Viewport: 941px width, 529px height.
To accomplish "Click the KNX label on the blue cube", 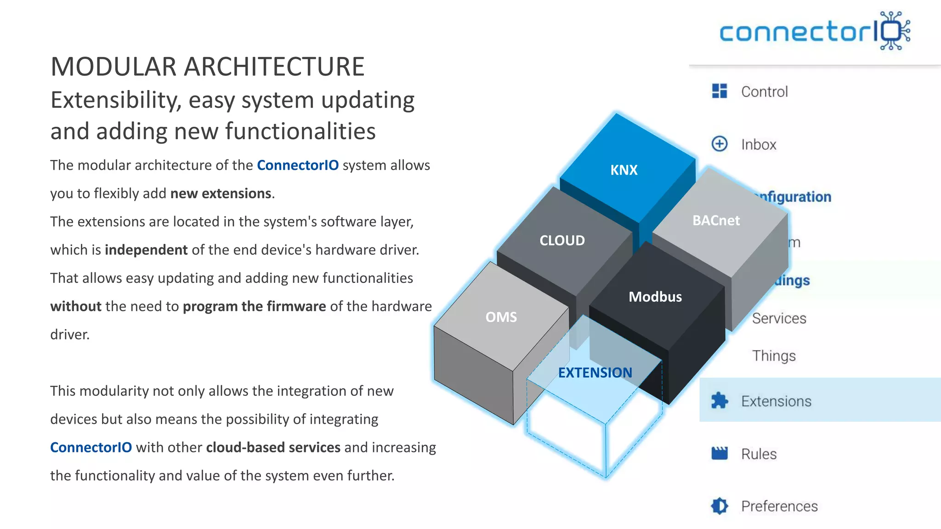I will pos(624,170).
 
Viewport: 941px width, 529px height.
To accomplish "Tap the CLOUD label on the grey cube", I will pos(562,240).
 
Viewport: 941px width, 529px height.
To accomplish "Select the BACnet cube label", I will pos(716,220).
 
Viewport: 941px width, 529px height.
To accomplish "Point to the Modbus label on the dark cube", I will pos(655,297).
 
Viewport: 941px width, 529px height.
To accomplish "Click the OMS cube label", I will pos(501,317).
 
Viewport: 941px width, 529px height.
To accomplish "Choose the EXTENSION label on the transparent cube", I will pos(595,372).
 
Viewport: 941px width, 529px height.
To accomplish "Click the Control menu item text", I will pos(764,92).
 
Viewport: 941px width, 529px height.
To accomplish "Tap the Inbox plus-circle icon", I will pos(720,144).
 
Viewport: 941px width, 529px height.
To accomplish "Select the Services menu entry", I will pos(779,318).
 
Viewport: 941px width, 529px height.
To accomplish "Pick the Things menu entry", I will pos(774,356).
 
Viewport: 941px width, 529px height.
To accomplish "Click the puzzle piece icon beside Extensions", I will pos(720,400).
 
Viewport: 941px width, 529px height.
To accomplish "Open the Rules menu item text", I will pos(759,454).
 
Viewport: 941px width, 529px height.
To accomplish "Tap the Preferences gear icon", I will pos(720,506).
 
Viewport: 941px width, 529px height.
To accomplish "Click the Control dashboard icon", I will pos(720,91).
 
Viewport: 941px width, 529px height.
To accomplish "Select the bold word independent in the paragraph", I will pos(146,250).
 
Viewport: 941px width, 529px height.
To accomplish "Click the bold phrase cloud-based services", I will pos(273,447).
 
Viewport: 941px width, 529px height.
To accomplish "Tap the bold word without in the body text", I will pos(76,306).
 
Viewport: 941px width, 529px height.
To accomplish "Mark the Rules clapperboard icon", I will pos(720,453).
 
